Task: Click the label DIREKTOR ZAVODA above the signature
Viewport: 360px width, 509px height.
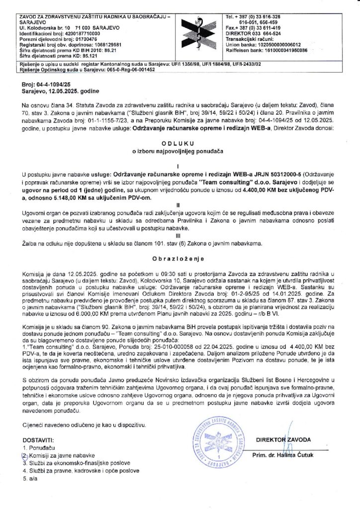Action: (283, 439)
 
